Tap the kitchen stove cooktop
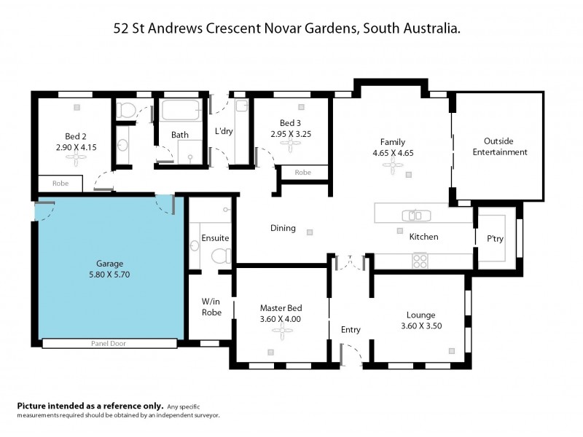point(420,259)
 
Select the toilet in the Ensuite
point(220,255)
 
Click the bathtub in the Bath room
point(180,111)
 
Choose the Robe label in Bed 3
point(302,173)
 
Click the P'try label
point(496,237)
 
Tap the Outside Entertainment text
point(499,146)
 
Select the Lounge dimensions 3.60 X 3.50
point(420,326)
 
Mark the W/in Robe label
point(211,307)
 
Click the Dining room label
point(283,228)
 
